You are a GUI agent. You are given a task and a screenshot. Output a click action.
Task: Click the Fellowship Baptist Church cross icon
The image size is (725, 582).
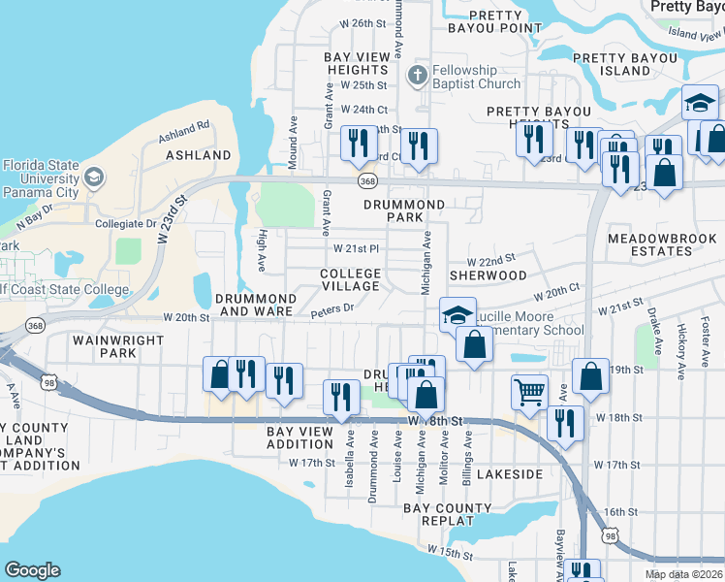click(418, 76)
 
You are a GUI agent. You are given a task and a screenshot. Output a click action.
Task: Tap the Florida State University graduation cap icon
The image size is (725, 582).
click(94, 177)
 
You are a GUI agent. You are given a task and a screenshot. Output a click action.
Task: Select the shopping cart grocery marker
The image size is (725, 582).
click(530, 392)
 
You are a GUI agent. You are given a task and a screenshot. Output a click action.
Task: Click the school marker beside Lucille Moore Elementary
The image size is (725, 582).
click(458, 313)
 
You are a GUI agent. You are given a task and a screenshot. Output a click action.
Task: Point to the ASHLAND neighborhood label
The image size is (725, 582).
click(199, 155)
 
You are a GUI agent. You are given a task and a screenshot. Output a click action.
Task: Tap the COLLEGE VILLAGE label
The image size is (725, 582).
click(351, 280)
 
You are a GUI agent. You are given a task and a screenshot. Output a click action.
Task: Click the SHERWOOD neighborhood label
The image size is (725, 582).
click(488, 275)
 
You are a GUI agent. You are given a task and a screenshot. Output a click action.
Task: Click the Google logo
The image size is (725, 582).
click(32, 570)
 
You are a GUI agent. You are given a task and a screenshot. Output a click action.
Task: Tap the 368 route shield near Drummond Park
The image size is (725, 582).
click(366, 180)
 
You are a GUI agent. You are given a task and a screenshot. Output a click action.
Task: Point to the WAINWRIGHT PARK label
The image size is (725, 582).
click(104, 347)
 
